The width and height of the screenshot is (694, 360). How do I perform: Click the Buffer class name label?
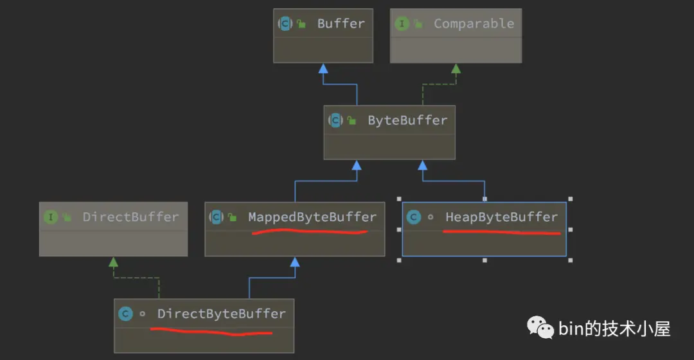(x=341, y=24)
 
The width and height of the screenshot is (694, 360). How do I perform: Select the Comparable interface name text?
(x=474, y=24)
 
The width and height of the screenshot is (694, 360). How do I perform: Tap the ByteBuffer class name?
(x=407, y=120)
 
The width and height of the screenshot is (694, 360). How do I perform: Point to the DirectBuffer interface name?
(x=130, y=217)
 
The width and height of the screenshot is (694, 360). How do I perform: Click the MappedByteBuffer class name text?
(x=312, y=217)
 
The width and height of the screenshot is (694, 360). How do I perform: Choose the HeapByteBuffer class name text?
(x=501, y=217)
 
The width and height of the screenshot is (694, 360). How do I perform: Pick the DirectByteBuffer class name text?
(x=221, y=314)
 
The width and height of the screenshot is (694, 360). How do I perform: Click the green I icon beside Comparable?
(x=402, y=24)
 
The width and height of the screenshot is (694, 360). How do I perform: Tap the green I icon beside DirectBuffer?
(x=51, y=217)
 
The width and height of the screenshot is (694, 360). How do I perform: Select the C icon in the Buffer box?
(x=285, y=24)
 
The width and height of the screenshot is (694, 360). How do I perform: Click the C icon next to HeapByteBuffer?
(x=413, y=217)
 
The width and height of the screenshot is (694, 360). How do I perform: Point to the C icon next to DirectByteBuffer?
(x=125, y=314)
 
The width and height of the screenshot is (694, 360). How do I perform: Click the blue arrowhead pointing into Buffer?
(x=323, y=69)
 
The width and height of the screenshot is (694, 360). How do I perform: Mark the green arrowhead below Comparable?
(x=456, y=69)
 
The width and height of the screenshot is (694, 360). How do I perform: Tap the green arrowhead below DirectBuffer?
(x=113, y=262)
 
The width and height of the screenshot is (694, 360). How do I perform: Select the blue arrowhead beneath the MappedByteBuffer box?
(x=295, y=262)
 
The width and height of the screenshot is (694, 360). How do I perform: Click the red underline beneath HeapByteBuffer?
(x=501, y=232)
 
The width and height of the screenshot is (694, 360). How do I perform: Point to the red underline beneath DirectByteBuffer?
(x=211, y=331)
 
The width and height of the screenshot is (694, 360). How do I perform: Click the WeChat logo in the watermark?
(x=540, y=327)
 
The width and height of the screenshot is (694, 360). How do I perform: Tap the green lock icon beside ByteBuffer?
(x=351, y=120)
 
